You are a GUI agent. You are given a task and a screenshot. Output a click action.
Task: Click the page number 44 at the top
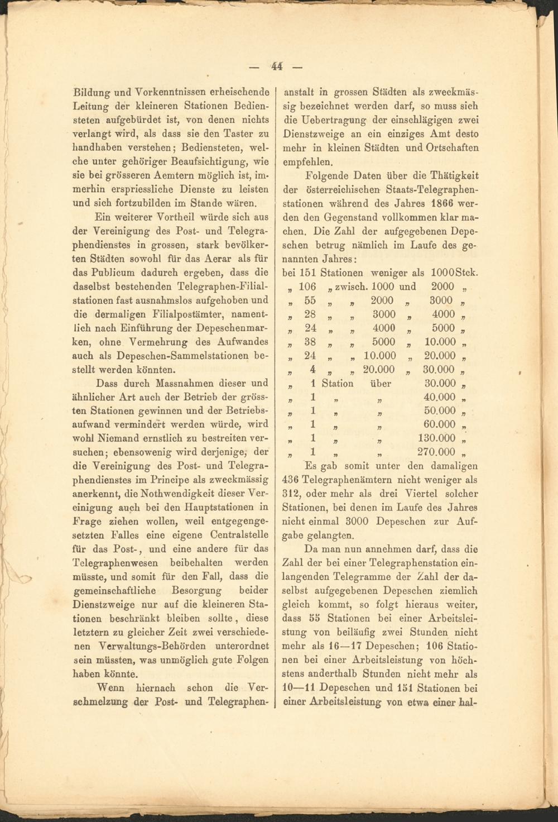[277, 66]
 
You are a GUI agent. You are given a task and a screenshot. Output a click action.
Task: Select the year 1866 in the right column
[439, 203]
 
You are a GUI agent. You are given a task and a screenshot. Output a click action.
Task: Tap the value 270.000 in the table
[436, 452]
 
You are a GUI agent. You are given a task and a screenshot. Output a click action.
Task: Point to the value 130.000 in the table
[436, 438]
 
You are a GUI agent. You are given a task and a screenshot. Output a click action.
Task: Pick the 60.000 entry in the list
[440, 424]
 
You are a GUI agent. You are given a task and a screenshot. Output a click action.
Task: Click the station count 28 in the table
[310, 314]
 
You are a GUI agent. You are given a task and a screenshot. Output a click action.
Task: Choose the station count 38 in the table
[310, 342]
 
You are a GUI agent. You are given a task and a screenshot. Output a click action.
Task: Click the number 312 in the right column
[292, 494]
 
